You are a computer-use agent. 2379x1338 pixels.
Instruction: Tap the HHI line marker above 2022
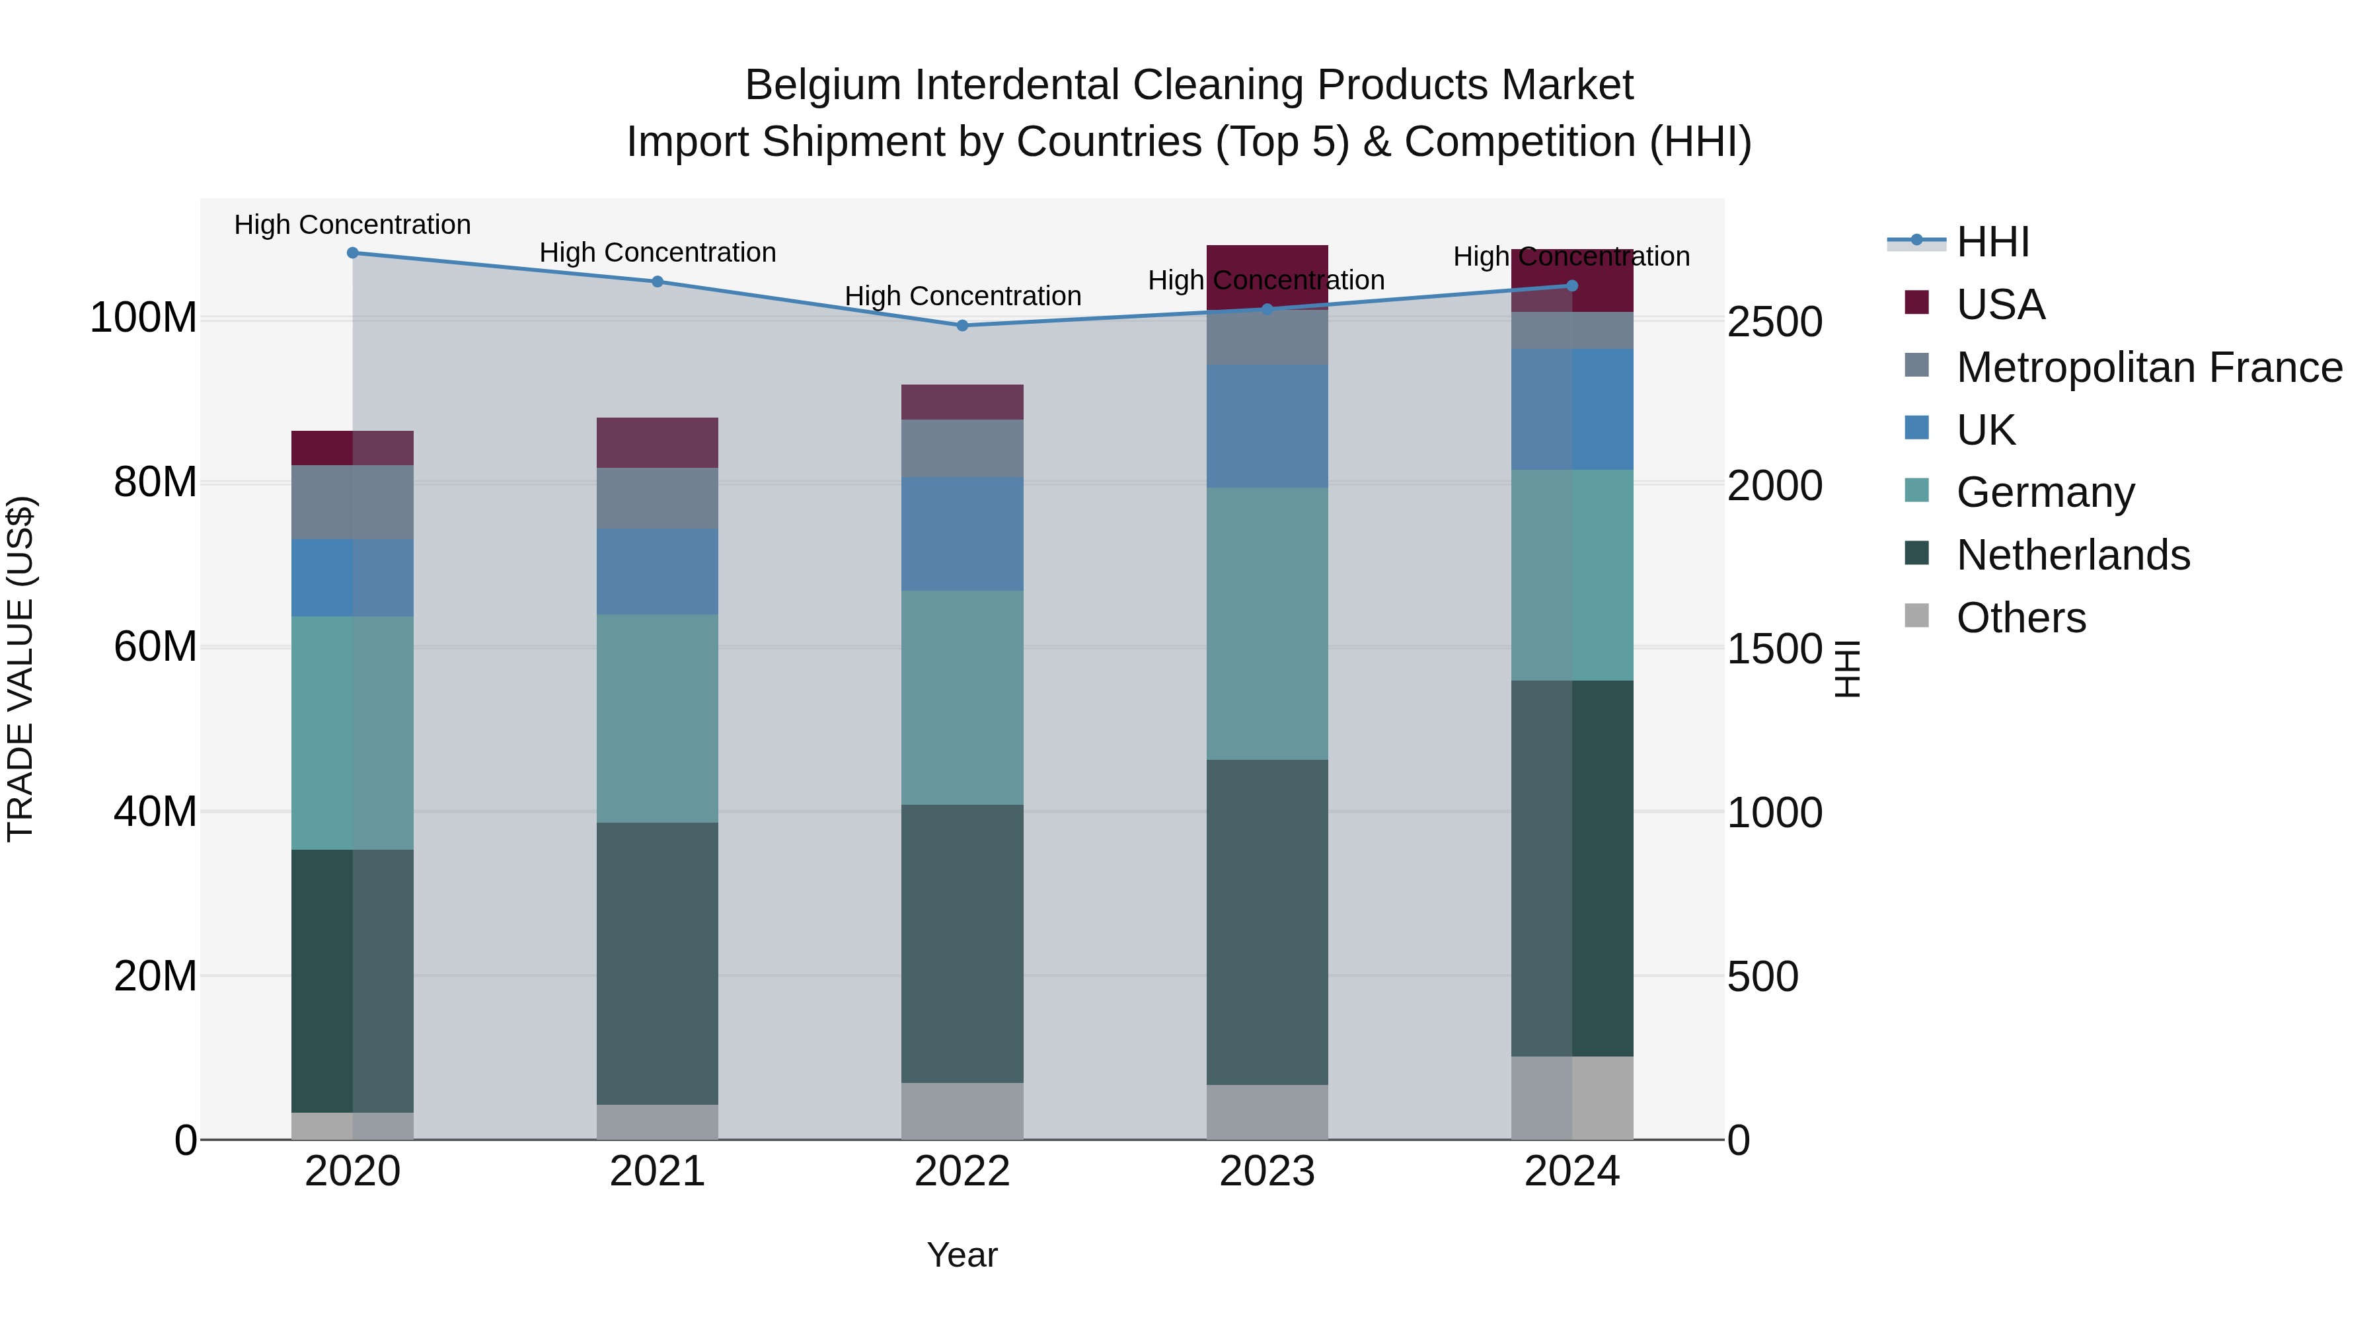click(x=962, y=326)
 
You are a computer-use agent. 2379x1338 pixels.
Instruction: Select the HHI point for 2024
click(x=1573, y=286)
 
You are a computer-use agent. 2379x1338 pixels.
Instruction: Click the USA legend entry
click(x=2000, y=305)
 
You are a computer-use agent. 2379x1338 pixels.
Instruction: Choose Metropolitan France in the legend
click(x=2148, y=367)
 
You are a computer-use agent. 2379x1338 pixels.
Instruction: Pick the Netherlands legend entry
click(x=2072, y=555)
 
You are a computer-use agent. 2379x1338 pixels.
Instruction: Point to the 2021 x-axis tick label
click(x=658, y=1171)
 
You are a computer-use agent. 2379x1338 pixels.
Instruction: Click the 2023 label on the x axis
click(x=1267, y=1171)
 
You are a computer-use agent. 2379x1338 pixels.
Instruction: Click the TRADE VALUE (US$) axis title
click(x=21, y=669)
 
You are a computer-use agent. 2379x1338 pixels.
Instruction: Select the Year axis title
click(x=962, y=1255)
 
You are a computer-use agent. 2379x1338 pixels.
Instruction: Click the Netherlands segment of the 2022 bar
click(x=962, y=944)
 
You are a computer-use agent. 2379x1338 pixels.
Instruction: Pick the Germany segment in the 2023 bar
click(x=1267, y=624)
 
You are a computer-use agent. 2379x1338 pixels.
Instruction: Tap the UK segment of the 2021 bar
click(x=658, y=572)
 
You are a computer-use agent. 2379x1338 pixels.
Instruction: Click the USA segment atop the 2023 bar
click(x=1267, y=262)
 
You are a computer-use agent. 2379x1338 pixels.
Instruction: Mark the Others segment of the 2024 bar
click(x=1573, y=1098)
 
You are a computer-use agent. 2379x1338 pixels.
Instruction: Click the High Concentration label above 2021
click(x=658, y=252)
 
